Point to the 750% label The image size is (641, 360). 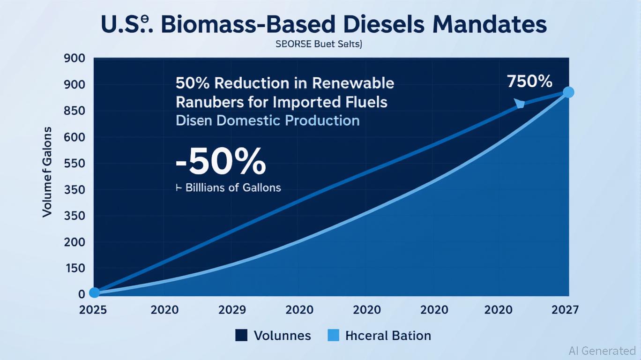coord(529,82)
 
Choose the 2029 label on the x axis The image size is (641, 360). coord(231,309)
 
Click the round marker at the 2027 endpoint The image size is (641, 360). coord(568,92)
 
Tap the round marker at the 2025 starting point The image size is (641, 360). coord(94,292)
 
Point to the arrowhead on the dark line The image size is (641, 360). coord(519,104)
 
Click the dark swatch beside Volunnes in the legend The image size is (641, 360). coord(241,335)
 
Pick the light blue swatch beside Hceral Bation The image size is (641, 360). coord(333,335)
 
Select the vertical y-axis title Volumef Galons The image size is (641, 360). coord(47,172)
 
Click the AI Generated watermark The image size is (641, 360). coord(602,351)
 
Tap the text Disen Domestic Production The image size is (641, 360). coord(268,120)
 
